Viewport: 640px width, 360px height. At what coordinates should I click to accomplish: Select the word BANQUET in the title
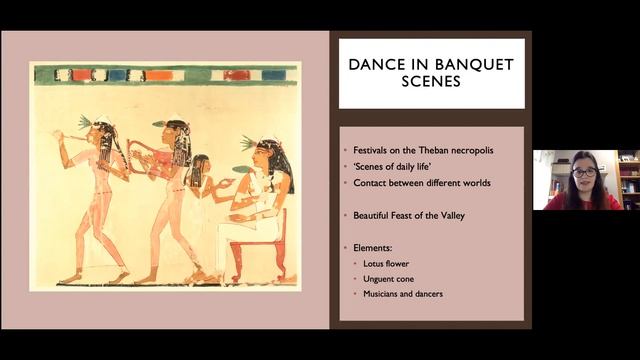point(472,65)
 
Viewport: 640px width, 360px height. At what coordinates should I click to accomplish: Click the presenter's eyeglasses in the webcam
point(584,173)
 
